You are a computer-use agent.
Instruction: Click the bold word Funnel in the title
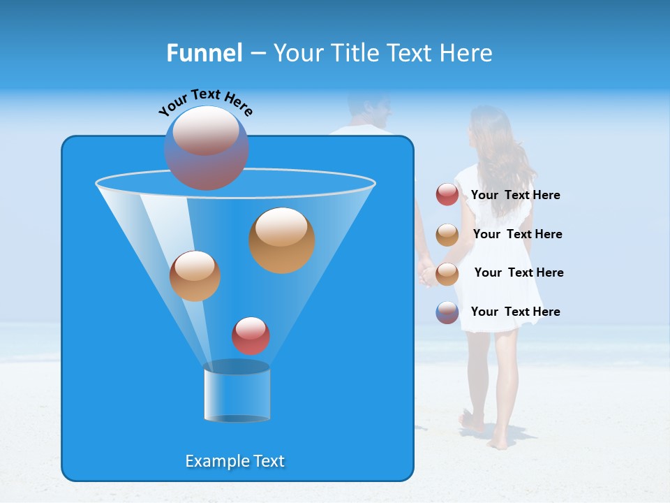(x=204, y=53)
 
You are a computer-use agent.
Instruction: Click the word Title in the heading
(x=355, y=53)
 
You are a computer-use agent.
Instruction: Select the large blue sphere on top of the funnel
(x=206, y=148)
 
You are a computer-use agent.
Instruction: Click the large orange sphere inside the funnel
(x=282, y=240)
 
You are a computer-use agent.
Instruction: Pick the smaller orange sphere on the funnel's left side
(x=195, y=276)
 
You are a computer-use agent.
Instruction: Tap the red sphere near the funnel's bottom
(x=251, y=335)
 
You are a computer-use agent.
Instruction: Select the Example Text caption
(x=235, y=461)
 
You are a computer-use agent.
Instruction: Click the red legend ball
(x=447, y=195)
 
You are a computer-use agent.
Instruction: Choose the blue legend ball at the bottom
(x=447, y=312)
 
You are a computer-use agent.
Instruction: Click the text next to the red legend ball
(x=515, y=196)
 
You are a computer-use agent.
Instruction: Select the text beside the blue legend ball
(x=515, y=312)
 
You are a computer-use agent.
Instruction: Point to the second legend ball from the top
(x=447, y=235)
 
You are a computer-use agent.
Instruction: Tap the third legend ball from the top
(x=447, y=273)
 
